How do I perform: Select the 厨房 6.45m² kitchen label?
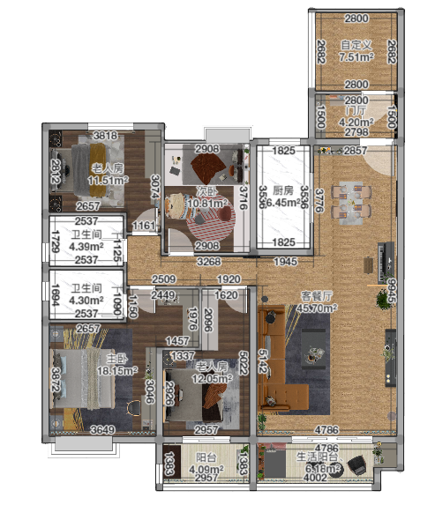(x=282, y=196)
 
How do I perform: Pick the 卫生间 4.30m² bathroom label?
(x=86, y=293)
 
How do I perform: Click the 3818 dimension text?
(x=105, y=136)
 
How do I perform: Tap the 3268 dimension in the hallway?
(x=207, y=262)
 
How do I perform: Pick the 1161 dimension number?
(x=144, y=227)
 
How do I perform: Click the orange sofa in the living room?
(x=275, y=353)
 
